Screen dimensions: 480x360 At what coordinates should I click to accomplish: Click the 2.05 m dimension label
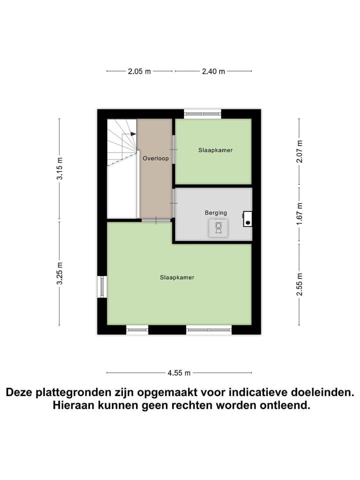pos(139,71)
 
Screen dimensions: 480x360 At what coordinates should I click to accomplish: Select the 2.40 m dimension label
pos(213,71)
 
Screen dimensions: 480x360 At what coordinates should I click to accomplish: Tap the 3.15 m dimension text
pos(59,168)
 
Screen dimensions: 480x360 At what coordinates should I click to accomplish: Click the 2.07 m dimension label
pos(299,151)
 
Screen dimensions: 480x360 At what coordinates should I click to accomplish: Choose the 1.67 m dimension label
pos(299,213)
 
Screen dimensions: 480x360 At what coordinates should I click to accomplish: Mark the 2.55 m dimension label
pos(299,283)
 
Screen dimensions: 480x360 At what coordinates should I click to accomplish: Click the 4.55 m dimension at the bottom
pos(179,373)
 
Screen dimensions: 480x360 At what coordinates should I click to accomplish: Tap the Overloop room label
pos(155,158)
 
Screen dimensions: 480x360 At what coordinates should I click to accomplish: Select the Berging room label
pos(215,213)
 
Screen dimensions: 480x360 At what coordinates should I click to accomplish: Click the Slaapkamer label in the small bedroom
pos(215,150)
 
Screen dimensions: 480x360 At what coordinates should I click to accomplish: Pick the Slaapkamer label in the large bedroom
pos(177,277)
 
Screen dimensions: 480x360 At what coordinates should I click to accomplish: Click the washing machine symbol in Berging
pos(218,227)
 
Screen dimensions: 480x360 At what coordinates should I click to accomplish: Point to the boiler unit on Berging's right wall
pos(247,218)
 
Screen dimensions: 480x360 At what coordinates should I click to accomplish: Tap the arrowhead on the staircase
pos(133,134)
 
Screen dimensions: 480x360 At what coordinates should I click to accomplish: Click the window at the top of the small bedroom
pos(202,114)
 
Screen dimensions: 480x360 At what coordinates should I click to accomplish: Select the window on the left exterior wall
pos(102,287)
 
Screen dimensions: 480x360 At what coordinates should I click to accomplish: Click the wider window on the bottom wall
pos(209,329)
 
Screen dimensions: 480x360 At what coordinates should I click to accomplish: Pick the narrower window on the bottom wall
pos(137,329)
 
